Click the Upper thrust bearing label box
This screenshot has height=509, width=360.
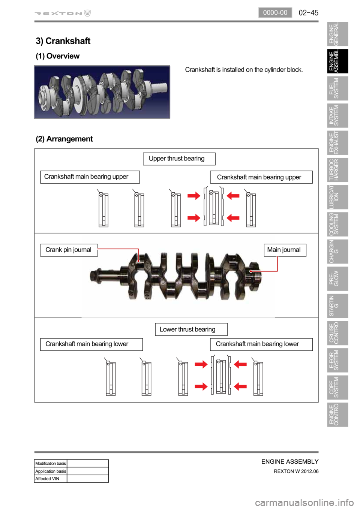point(179,159)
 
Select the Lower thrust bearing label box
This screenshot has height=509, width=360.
point(191,329)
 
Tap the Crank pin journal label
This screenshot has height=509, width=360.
point(69,250)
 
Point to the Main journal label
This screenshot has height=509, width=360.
point(285,250)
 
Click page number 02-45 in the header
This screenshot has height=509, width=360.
point(308,13)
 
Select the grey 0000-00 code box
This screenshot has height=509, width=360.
point(275,13)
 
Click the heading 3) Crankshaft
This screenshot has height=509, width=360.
point(63,41)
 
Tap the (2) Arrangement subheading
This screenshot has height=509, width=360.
point(64,139)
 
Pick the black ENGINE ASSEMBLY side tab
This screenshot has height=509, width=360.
point(337,61)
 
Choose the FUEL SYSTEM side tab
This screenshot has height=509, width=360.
point(337,88)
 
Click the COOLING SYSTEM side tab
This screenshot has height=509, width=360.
point(337,224)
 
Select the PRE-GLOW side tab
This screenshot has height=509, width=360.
point(337,278)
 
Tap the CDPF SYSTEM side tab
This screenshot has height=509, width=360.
point(337,387)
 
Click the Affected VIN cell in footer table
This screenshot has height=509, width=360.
point(50,479)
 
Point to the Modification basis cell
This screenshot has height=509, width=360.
point(50,463)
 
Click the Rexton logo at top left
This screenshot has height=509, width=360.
point(63,13)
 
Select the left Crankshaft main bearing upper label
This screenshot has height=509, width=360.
point(90,177)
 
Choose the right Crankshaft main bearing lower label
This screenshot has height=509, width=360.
point(261,344)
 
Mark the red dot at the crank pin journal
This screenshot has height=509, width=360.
point(138,261)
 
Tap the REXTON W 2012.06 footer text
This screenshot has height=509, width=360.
point(296,471)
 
